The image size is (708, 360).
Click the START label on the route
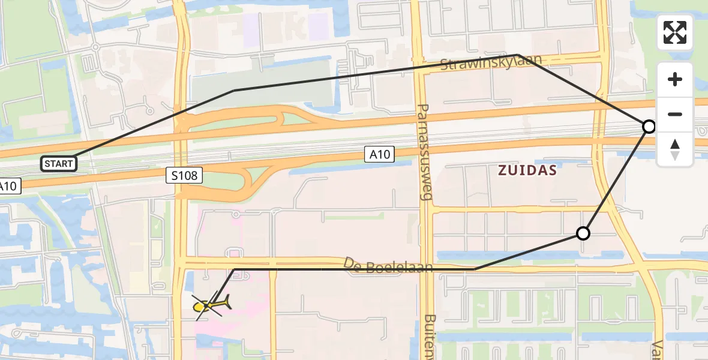(59, 163)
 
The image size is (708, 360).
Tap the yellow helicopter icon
(210, 304)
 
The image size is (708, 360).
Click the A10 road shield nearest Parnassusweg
(379, 155)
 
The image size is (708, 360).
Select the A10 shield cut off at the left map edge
(9, 186)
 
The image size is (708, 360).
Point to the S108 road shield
(184, 175)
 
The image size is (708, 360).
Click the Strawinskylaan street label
(491, 62)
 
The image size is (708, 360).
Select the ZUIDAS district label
(527, 170)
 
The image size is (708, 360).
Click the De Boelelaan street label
(388, 265)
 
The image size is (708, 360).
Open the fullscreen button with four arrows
(675, 32)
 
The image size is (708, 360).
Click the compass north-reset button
(675, 149)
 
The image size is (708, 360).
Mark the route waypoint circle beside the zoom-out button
(649, 127)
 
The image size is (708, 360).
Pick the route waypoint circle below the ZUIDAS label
(583, 233)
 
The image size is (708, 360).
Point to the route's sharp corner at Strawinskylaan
(518, 55)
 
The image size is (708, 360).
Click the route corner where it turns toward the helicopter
(235, 269)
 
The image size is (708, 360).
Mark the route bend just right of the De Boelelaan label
(474, 269)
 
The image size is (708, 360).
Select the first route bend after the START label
(234, 91)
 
